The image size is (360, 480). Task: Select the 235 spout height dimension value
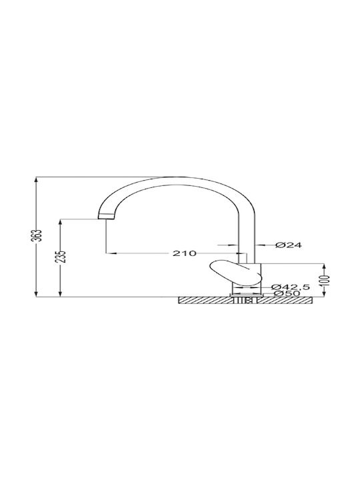63,257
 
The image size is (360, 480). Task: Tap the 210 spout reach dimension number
184,253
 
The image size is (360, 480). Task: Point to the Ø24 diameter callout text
289,245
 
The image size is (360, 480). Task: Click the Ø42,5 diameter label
291,287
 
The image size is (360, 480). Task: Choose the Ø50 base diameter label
287,293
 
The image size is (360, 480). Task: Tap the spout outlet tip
106,216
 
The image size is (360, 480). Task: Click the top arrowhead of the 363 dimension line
37,180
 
